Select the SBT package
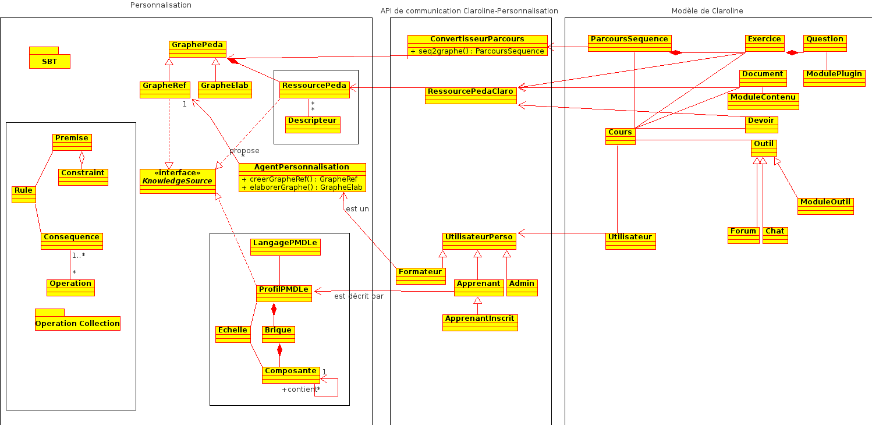coord(49,61)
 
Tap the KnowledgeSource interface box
coord(178,181)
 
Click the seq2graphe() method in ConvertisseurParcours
coord(477,51)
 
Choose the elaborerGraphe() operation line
coord(302,187)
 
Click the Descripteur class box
coord(313,125)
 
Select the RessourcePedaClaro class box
coord(470,95)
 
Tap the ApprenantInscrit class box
coord(480,323)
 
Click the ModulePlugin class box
coord(834,78)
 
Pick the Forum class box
coord(743,235)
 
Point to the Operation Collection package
coord(77,323)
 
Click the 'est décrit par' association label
coord(359,296)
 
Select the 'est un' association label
coord(357,209)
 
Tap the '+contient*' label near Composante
coord(300,389)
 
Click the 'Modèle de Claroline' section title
coord(707,11)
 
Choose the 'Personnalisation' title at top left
coord(161,5)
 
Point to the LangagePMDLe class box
coord(285,247)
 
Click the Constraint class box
coord(83,177)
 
